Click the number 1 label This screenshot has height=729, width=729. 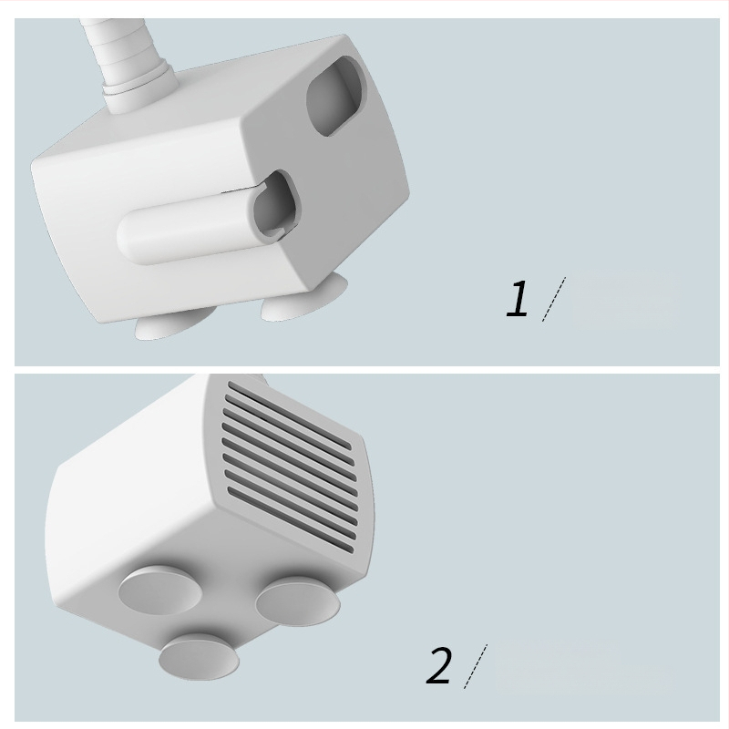pos(517,299)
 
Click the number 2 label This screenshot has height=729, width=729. pos(438,665)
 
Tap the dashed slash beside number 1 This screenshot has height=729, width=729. pos(554,299)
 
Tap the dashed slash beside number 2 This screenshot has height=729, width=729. pos(475,666)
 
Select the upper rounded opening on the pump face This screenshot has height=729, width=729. pos(334,97)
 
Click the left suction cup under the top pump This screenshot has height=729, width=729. pos(173,324)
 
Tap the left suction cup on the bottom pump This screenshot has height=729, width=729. pos(160,590)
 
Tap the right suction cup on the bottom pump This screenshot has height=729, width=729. pos(298,601)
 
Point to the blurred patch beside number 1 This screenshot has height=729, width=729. pos(624,299)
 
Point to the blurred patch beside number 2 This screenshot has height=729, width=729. pos(581,667)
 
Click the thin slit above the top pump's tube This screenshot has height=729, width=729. pos(241,190)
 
